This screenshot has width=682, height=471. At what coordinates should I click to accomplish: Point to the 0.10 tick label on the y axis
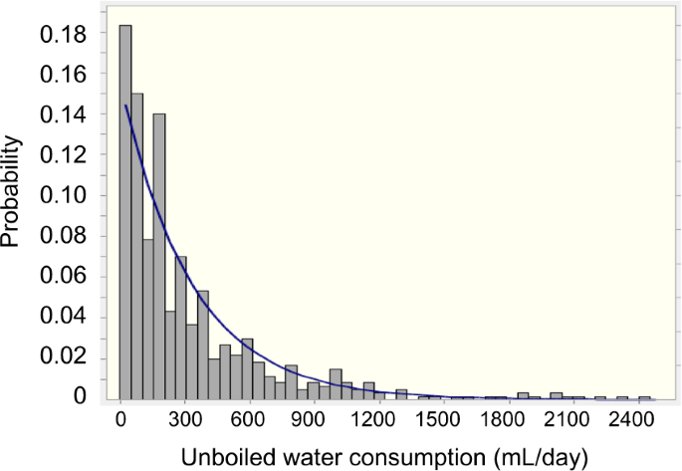click(x=62, y=195)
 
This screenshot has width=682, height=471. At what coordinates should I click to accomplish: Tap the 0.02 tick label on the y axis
click(x=62, y=357)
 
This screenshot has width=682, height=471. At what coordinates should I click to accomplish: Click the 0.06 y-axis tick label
click(x=62, y=277)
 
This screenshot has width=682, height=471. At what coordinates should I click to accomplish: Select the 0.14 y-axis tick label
click(x=62, y=115)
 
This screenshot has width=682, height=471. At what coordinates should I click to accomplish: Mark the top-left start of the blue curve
click(x=125, y=105)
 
